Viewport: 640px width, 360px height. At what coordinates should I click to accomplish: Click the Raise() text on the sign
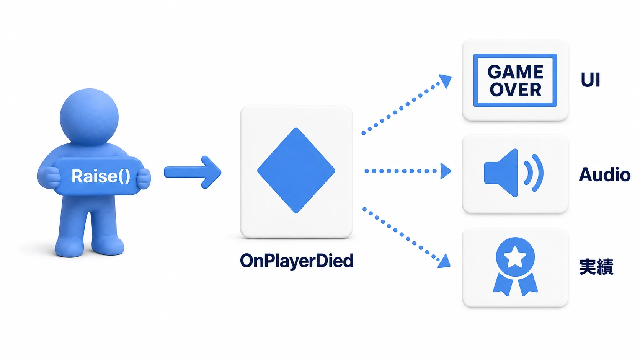click(x=101, y=176)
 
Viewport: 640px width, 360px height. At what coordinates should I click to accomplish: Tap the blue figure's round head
click(x=89, y=117)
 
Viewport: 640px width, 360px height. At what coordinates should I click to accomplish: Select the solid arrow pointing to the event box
click(x=193, y=172)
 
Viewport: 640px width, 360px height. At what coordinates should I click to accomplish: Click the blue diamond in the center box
click(x=296, y=171)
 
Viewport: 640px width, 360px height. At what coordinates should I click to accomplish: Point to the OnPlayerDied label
click(x=297, y=261)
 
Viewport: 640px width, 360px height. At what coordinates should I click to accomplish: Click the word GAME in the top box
click(x=515, y=72)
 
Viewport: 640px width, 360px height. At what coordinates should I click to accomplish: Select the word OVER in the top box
click(x=516, y=90)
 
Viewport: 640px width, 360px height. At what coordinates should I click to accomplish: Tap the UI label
click(x=590, y=80)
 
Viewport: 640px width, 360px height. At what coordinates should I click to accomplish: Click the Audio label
click(x=604, y=174)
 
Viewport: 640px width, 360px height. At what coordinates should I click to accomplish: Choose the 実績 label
click(x=596, y=267)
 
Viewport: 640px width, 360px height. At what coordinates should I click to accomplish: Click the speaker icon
click(x=513, y=173)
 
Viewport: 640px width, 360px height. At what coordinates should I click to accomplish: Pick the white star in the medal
click(x=515, y=257)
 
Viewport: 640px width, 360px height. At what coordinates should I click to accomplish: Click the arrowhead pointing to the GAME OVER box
click(x=446, y=81)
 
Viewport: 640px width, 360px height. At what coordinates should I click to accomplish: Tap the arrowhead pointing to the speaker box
click(x=445, y=171)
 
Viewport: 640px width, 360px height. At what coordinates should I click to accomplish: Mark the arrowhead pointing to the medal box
click(x=444, y=261)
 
